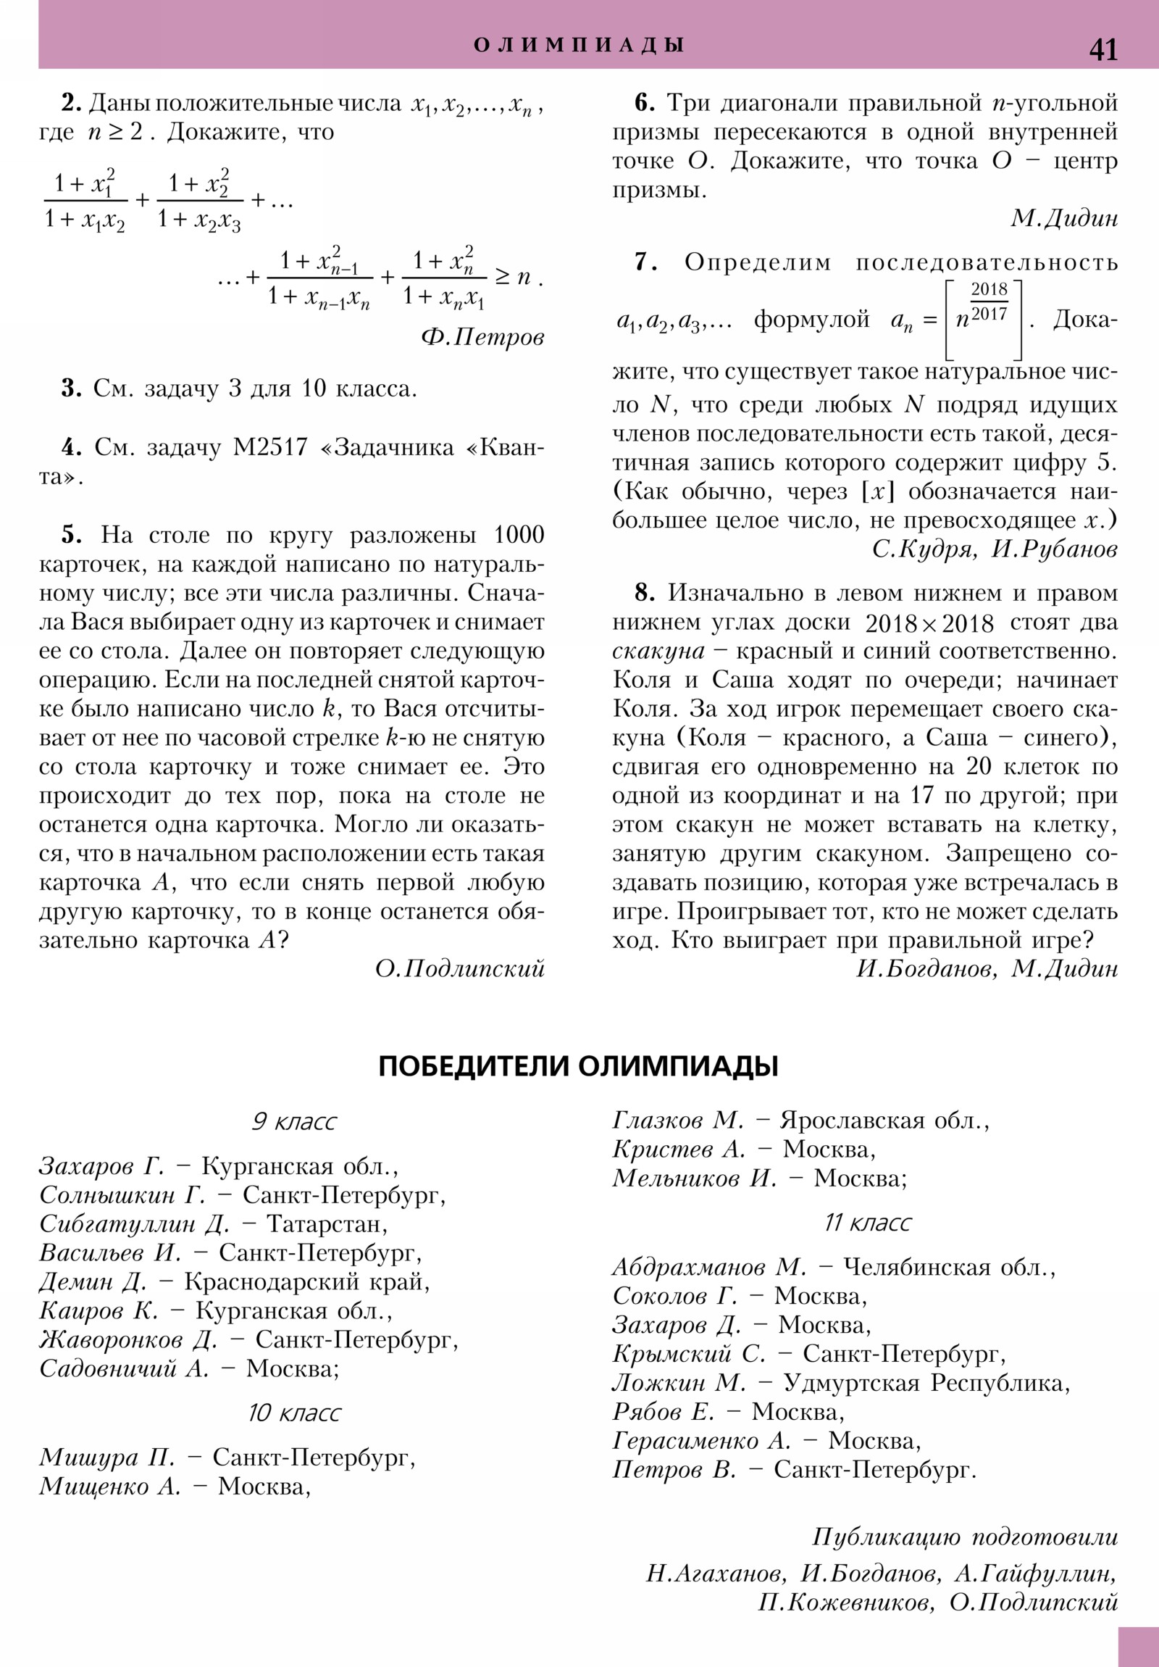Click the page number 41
(x=1102, y=50)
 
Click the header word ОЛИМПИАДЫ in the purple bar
(x=579, y=45)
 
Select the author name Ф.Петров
(x=482, y=337)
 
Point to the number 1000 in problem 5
(x=518, y=535)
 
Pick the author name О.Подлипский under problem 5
(x=459, y=968)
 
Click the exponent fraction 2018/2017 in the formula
(x=989, y=302)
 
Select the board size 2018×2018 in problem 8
(x=929, y=623)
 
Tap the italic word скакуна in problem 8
(x=658, y=652)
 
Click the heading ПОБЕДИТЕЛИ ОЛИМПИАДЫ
(x=578, y=1067)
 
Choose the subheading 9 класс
(x=294, y=1122)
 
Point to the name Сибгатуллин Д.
(x=134, y=1224)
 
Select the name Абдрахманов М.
(x=708, y=1268)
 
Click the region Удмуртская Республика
(x=926, y=1383)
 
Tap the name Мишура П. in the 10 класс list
(x=106, y=1457)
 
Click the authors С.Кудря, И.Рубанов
(x=994, y=549)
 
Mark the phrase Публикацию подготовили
(x=964, y=1537)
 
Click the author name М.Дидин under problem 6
(x=1064, y=219)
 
